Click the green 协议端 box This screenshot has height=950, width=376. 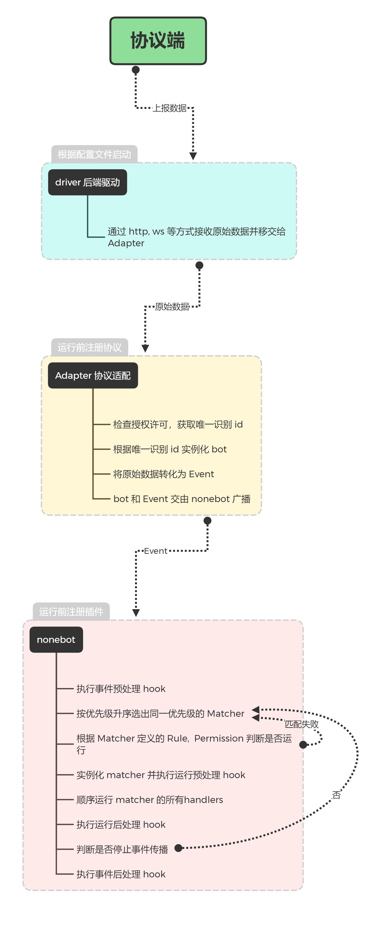point(158,40)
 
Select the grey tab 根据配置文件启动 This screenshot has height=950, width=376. point(94,154)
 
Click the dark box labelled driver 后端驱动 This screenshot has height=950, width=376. point(87,182)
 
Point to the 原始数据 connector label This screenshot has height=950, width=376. point(172,306)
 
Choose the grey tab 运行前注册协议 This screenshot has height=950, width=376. point(90,347)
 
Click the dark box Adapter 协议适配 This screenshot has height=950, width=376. point(93,375)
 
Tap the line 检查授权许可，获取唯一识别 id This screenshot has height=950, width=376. point(178,424)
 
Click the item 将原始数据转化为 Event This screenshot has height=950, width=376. point(163,474)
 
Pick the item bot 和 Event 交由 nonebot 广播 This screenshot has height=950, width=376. point(182,499)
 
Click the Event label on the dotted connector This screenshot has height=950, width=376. point(156,551)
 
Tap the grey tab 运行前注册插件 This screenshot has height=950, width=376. point(71,612)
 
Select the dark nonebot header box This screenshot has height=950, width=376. point(56,639)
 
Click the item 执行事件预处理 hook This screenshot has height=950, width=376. point(121,689)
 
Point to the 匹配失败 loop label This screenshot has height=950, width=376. point(302,724)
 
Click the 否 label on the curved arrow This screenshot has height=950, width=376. point(336,795)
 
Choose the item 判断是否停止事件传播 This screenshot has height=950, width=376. point(122,849)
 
